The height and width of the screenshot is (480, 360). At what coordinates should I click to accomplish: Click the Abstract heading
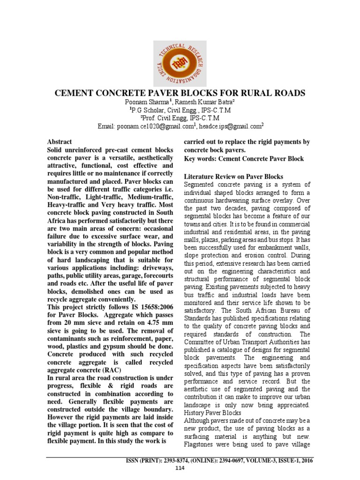point(60,142)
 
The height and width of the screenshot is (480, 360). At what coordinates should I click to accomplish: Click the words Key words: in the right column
point(200,159)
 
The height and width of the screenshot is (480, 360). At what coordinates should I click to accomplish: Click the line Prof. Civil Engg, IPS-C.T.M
point(180,118)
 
